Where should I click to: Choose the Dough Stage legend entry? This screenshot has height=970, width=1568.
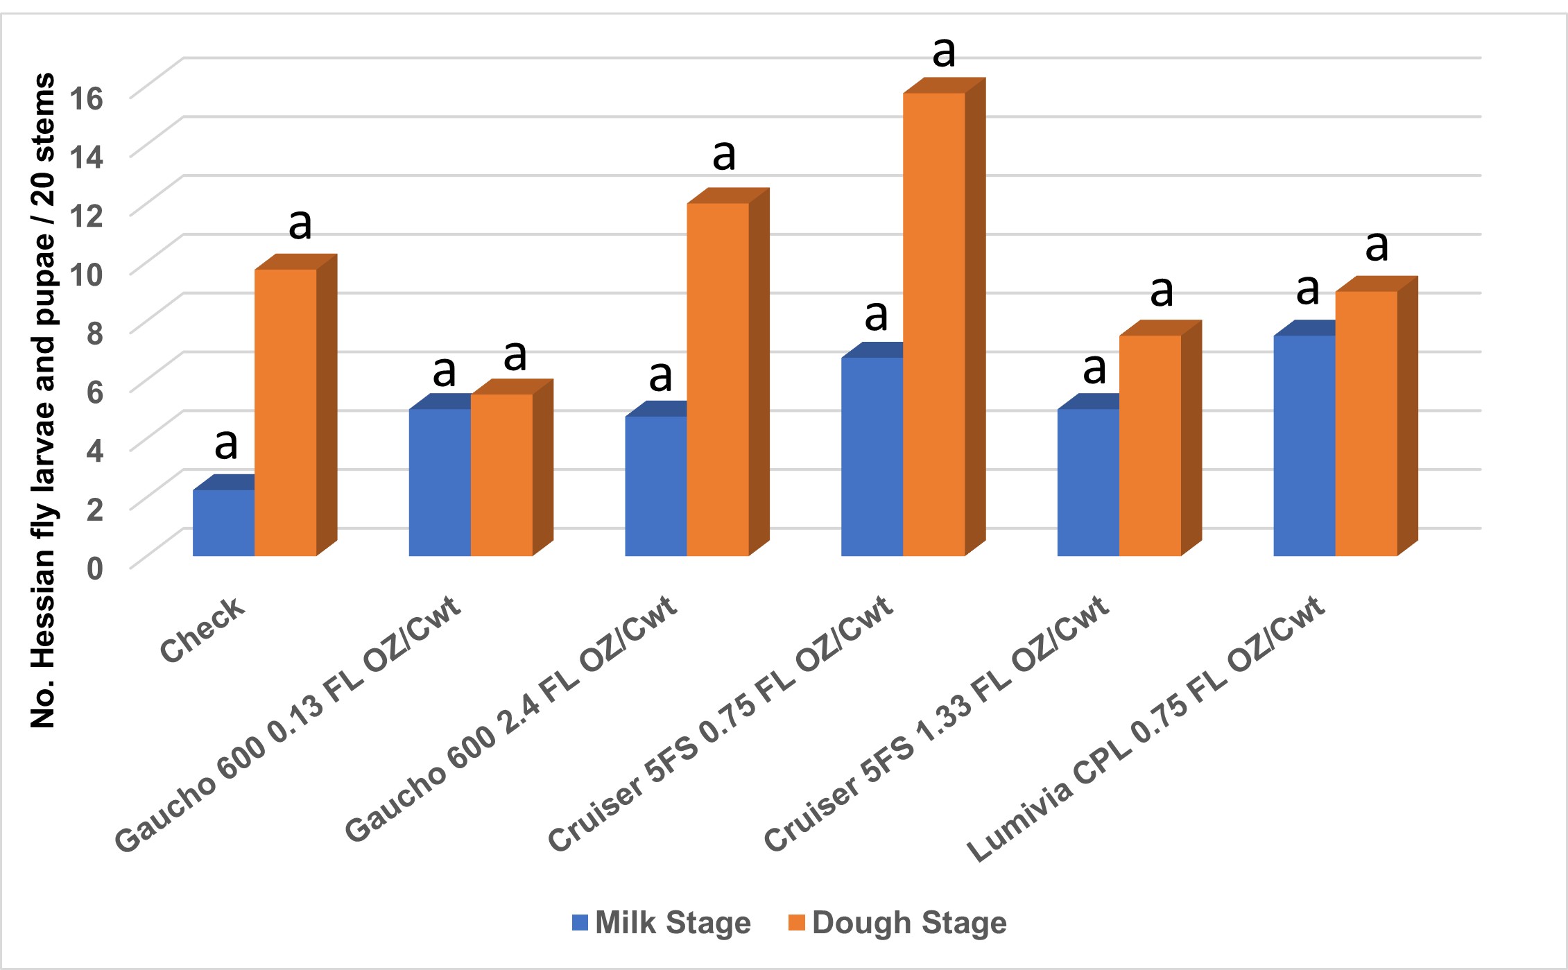tap(897, 923)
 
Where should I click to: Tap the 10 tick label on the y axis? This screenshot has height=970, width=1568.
tap(87, 275)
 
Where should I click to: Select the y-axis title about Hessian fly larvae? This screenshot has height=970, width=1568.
tap(43, 400)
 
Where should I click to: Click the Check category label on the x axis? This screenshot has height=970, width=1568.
tap(202, 630)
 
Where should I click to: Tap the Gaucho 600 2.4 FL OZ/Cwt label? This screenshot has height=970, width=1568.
tap(510, 718)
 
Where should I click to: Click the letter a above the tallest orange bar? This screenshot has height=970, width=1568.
tap(944, 52)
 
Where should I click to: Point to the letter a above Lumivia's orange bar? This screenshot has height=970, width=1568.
tap(1377, 245)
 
